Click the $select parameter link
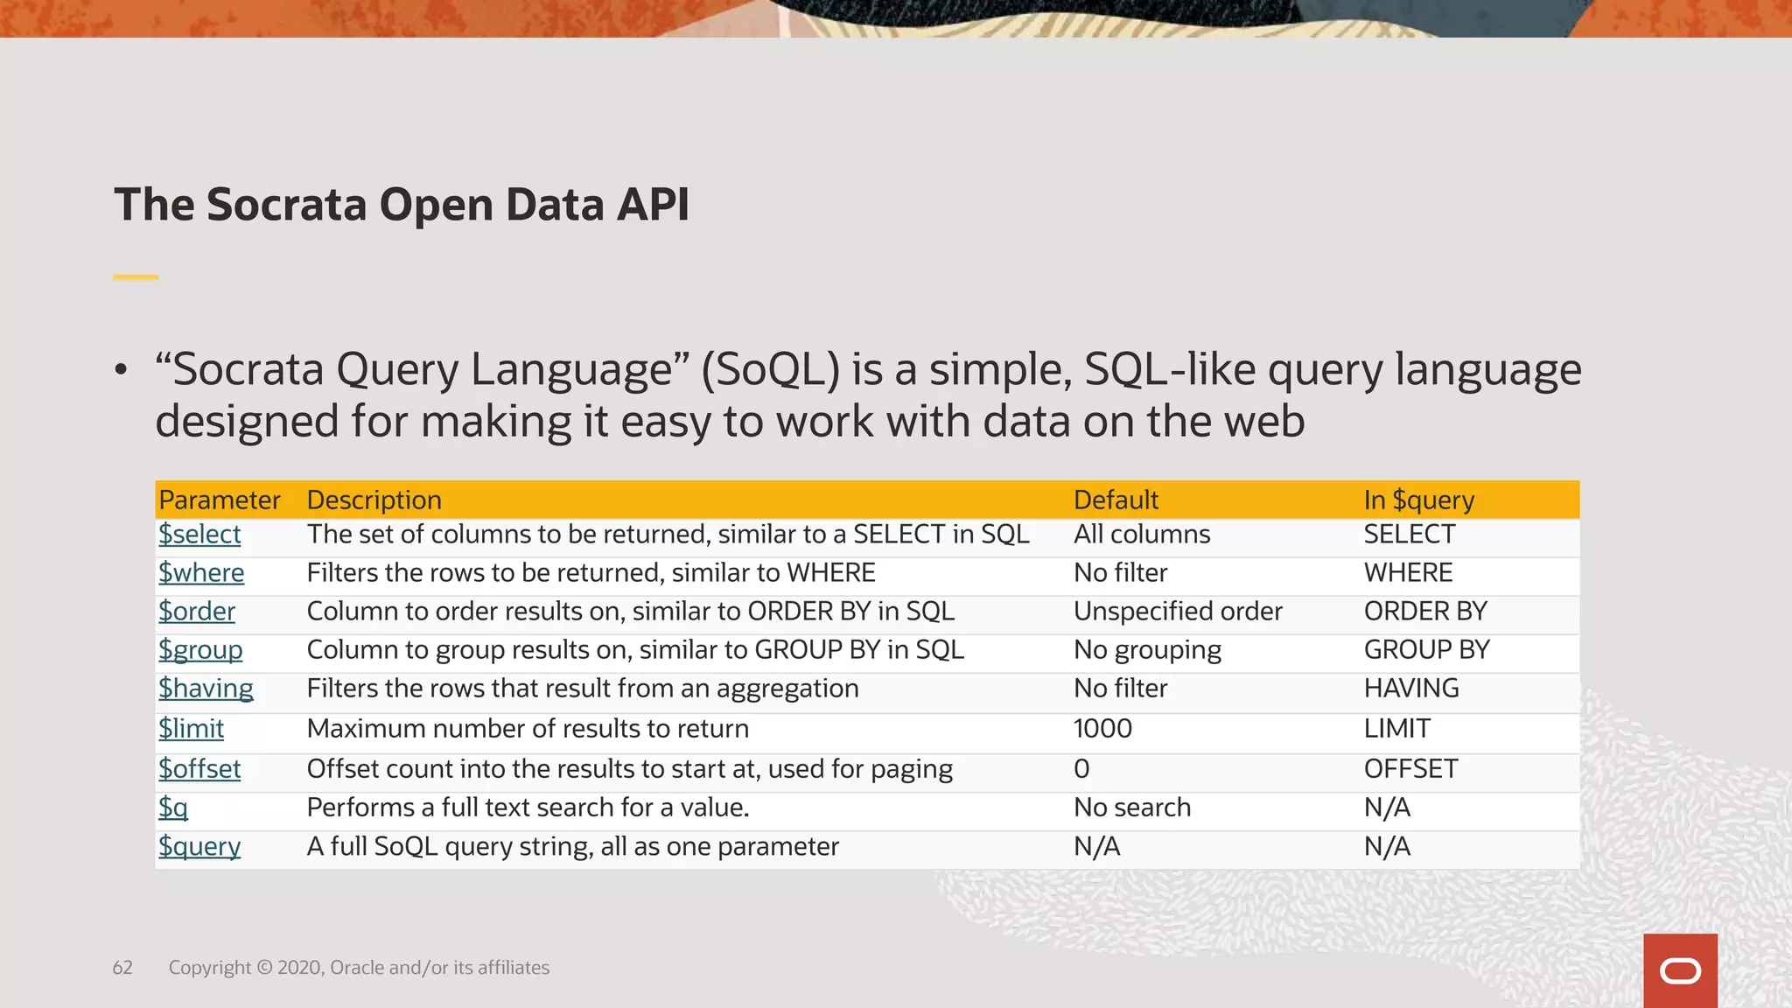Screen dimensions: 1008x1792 [x=199, y=535]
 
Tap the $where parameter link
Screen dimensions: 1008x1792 [x=201, y=573]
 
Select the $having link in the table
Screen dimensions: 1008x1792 [x=206, y=689]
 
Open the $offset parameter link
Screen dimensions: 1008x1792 [x=199, y=769]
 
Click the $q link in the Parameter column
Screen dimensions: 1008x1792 [x=173, y=808]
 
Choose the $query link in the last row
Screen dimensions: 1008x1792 [x=199, y=847]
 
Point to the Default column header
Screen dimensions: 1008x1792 [x=1116, y=500]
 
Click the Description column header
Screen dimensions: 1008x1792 [x=374, y=500]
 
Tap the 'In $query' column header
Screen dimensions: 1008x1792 [x=1418, y=500]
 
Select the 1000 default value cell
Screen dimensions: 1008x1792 [x=1102, y=729]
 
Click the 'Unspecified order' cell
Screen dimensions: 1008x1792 [x=1178, y=612]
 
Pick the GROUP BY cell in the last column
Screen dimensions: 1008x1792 [x=1426, y=650]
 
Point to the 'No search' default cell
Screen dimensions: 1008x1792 [x=1132, y=808]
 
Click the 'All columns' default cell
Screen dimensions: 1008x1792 [x=1142, y=535]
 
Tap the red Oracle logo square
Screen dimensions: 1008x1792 [x=1680, y=970]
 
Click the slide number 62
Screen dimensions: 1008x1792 [x=122, y=968]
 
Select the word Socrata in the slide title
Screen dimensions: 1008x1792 [x=286, y=205]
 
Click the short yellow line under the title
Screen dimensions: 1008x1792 [x=136, y=277]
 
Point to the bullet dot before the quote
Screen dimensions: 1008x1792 [x=121, y=370]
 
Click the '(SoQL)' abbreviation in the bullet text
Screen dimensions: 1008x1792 [x=770, y=370]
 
